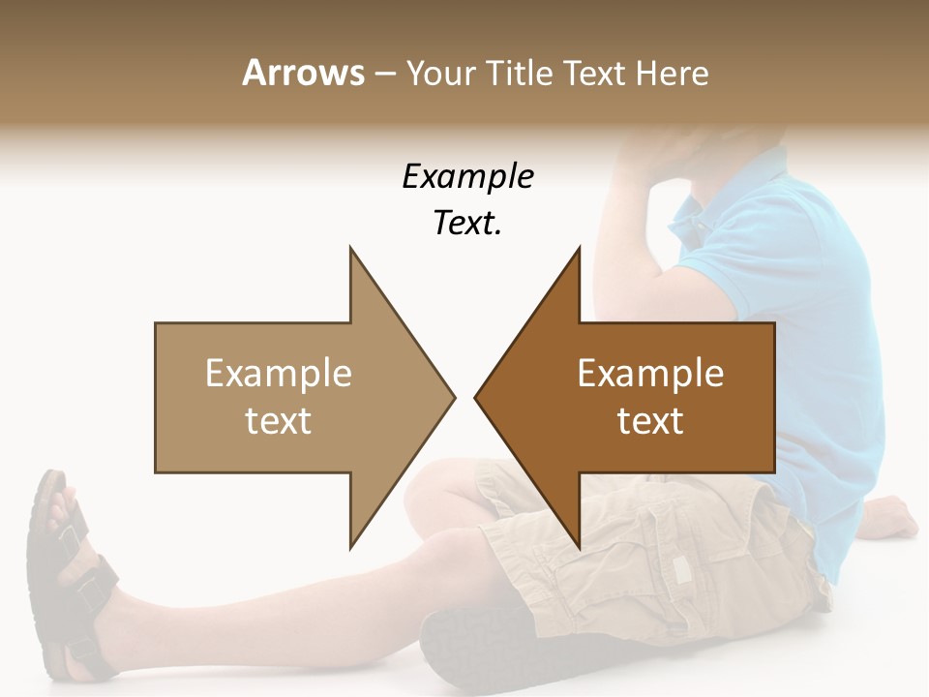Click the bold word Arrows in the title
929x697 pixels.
tap(304, 73)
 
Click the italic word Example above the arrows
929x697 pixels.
tap(467, 176)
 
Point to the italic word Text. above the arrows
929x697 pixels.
tap(467, 223)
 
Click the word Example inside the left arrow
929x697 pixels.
tap(278, 374)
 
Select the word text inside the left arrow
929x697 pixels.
tap(278, 421)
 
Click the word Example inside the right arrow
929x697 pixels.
tap(650, 374)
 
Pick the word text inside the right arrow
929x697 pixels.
tap(650, 421)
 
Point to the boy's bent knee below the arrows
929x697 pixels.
tap(435, 503)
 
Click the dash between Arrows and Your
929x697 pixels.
tap(385, 75)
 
